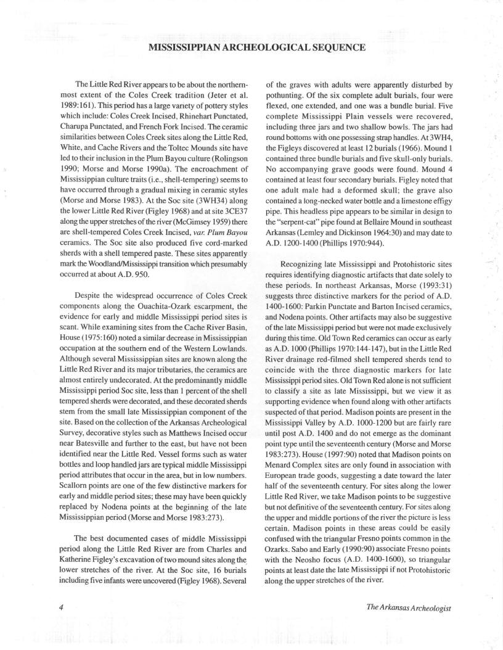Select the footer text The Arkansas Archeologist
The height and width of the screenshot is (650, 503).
coord(409,607)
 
